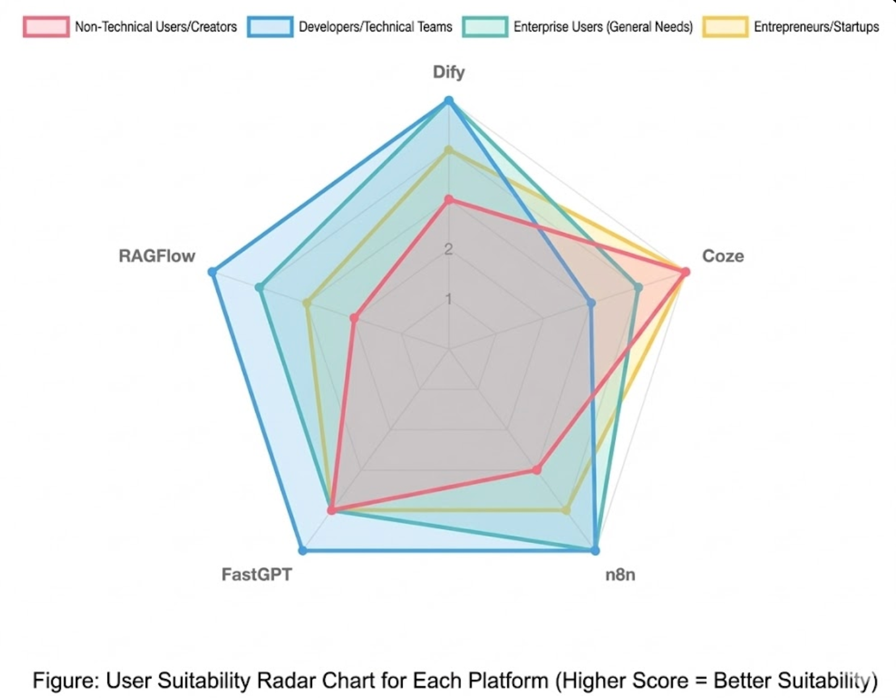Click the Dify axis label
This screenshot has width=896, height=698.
click(449, 72)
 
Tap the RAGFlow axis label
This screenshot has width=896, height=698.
click(157, 256)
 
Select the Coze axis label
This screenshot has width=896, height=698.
click(723, 256)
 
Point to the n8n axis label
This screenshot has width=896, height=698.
click(620, 574)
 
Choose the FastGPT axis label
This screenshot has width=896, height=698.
click(256, 574)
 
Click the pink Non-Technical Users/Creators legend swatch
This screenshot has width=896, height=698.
click(46, 27)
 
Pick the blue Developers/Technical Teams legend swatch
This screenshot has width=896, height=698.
click(270, 27)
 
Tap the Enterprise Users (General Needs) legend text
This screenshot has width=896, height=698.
click(603, 27)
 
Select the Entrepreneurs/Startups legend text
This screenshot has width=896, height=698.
click(816, 27)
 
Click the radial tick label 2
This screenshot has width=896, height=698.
click(449, 249)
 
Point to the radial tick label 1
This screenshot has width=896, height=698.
click(449, 299)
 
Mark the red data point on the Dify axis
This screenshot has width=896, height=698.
click(449, 200)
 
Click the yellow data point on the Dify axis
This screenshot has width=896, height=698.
click(449, 150)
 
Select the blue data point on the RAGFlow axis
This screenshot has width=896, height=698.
click(213, 272)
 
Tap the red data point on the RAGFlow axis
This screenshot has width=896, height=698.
click(354, 318)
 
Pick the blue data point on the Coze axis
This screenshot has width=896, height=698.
click(591, 303)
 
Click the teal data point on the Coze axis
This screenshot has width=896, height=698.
click(638, 287)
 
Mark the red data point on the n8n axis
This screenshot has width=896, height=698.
click(537, 470)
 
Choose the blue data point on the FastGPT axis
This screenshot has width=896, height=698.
click(302, 550)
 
